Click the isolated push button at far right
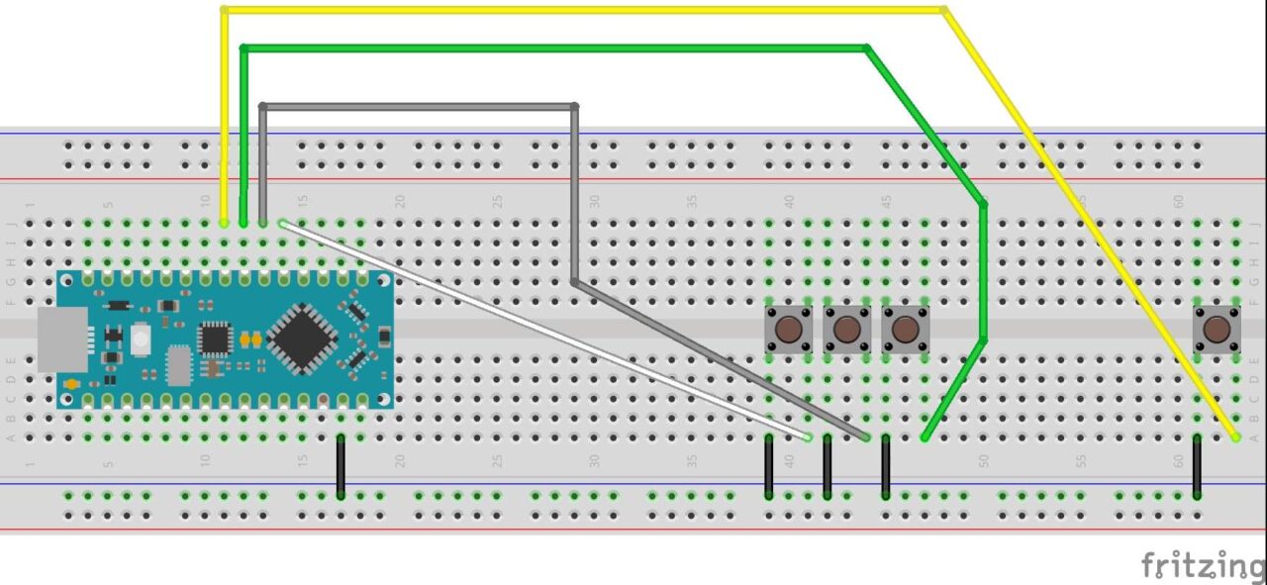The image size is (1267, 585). [x=1217, y=329]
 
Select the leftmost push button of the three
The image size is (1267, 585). [x=789, y=329]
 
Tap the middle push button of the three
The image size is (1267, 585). [x=846, y=329]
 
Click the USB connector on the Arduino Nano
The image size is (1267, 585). [x=62, y=340]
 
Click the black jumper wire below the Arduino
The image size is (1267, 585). [x=341, y=465]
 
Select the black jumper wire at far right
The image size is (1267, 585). [x=1197, y=465]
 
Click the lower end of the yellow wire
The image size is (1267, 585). [x=1235, y=437]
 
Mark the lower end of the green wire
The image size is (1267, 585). [x=925, y=437]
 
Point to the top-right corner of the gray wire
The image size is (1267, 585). [x=574, y=105]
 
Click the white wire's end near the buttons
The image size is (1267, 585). [x=808, y=437]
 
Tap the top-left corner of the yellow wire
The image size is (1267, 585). [x=225, y=10]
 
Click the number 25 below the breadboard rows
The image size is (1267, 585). [x=498, y=461]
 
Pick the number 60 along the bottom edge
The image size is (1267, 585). [x=1178, y=461]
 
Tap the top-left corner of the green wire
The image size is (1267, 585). [x=244, y=47]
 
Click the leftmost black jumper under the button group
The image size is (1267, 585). [x=769, y=465]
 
